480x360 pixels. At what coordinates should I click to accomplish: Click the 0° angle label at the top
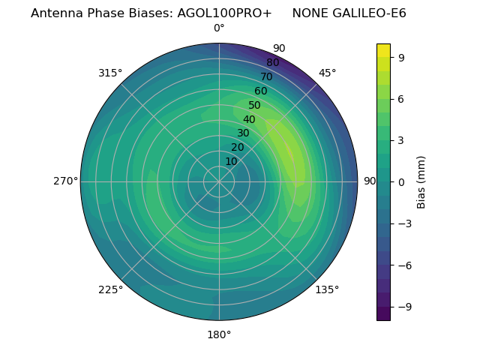pyautogui.click(x=219, y=28)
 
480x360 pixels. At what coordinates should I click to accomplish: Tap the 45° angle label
pyautogui.click(x=328, y=73)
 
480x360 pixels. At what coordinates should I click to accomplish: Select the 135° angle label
pyautogui.click(x=327, y=289)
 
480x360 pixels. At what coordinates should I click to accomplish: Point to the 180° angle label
pyautogui.click(x=219, y=334)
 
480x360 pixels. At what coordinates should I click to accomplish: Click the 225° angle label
pyautogui.click(x=110, y=289)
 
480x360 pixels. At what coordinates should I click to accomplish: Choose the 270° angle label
pyautogui.click(x=66, y=181)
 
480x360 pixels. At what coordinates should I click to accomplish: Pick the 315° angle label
pyautogui.click(x=110, y=73)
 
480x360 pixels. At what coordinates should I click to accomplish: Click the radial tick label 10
pyautogui.click(x=231, y=161)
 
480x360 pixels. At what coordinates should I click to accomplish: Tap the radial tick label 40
pyautogui.click(x=249, y=119)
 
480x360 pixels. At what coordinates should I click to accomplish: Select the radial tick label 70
pyautogui.click(x=266, y=76)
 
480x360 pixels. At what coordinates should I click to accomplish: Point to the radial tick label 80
pyautogui.click(x=272, y=62)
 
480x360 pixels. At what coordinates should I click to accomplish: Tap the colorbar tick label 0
pyautogui.click(x=401, y=181)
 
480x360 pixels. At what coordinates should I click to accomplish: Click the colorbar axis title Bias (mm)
pyautogui.click(x=421, y=181)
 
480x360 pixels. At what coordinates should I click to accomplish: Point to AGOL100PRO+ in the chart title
pyautogui.click(x=224, y=13)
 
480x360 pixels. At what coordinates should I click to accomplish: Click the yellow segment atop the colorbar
pyautogui.click(x=383, y=50)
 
